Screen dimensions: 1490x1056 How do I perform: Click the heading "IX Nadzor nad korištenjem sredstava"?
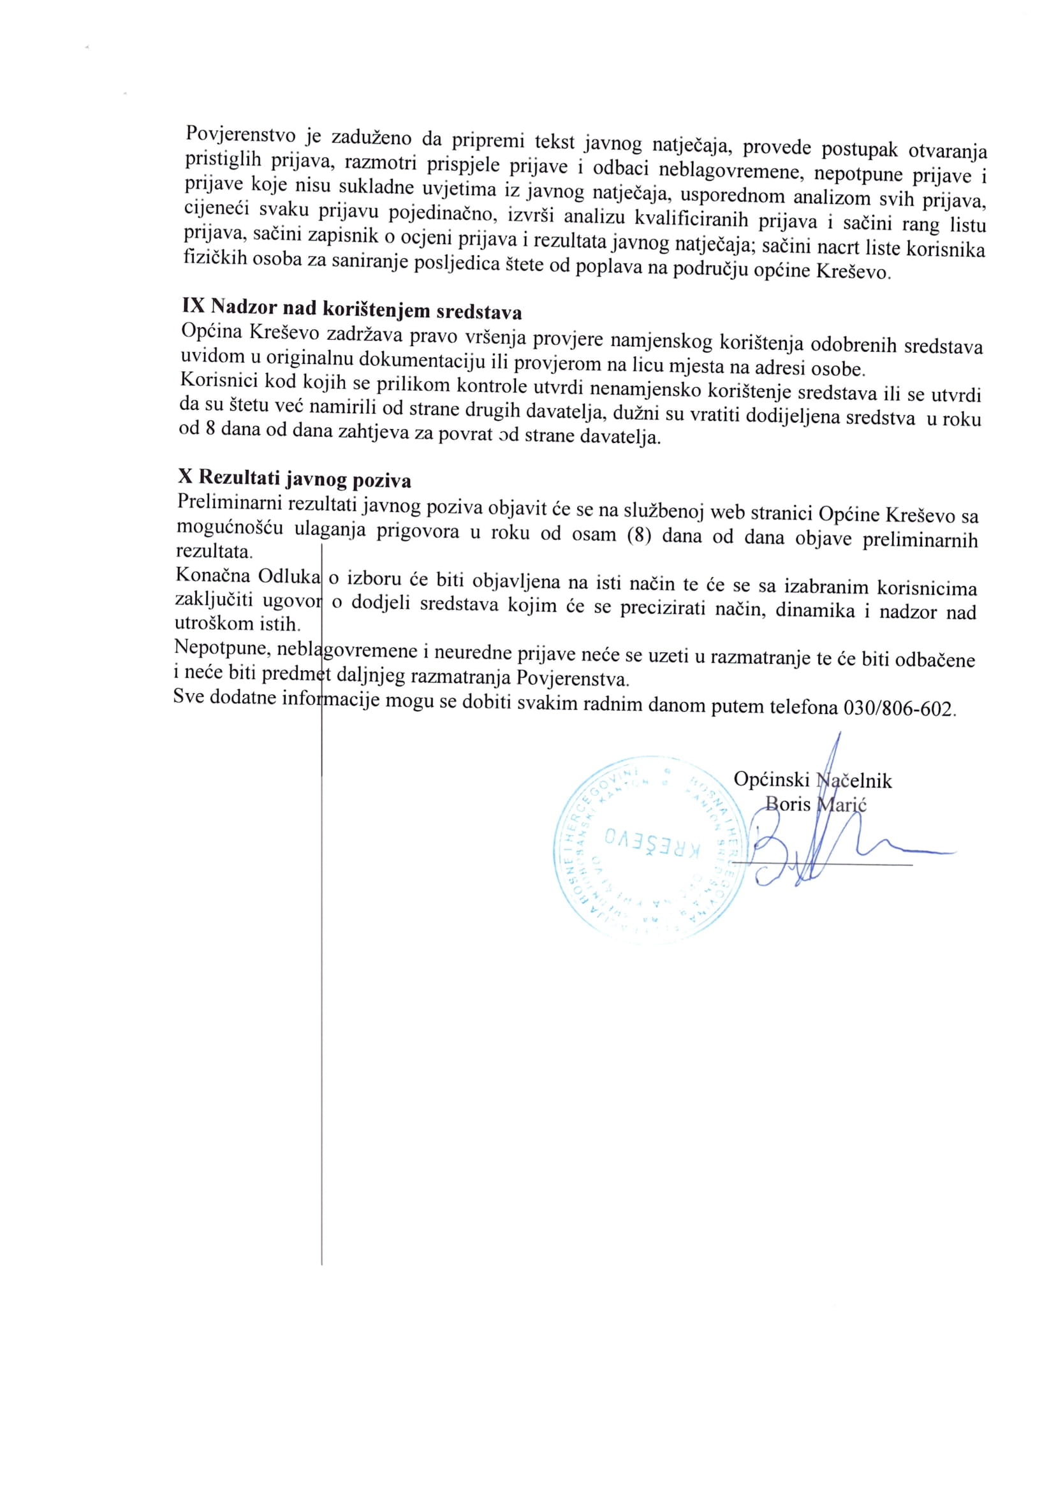click(352, 308)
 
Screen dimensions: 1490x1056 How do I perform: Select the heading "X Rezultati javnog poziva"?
click(295, 478)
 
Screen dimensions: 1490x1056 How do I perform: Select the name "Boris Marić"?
click(816, 804)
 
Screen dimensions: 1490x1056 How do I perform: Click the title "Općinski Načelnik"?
click(812, 780)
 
